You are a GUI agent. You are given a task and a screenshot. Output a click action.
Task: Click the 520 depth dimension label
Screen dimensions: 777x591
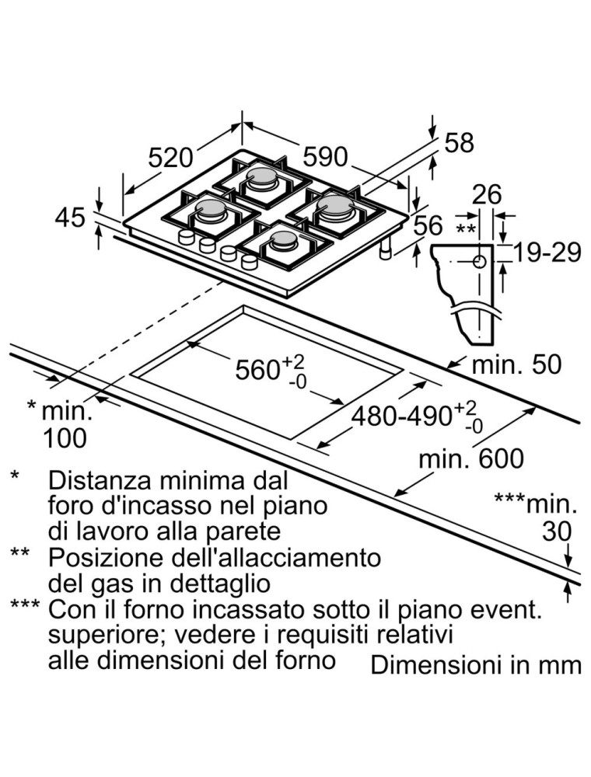(170, 158)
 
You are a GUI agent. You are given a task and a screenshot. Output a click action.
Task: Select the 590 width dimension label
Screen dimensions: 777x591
(324, 158)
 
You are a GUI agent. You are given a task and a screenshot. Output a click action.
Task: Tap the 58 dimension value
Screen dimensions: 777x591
(459, 143)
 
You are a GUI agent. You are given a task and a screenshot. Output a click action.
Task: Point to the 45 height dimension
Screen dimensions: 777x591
(70, 218)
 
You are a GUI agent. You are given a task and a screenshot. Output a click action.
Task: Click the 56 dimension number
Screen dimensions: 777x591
(428, 226)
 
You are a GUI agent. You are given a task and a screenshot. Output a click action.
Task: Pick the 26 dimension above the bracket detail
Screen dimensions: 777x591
(488, 195)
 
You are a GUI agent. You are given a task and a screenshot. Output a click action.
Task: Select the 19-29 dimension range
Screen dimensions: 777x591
(548, 253)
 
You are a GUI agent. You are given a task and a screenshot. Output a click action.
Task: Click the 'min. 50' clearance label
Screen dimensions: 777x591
(516, 364)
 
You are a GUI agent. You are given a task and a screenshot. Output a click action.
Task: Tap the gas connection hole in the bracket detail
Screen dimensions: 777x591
(479, 262)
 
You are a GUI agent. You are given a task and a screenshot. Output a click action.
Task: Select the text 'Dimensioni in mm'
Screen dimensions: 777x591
(476, 665)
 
